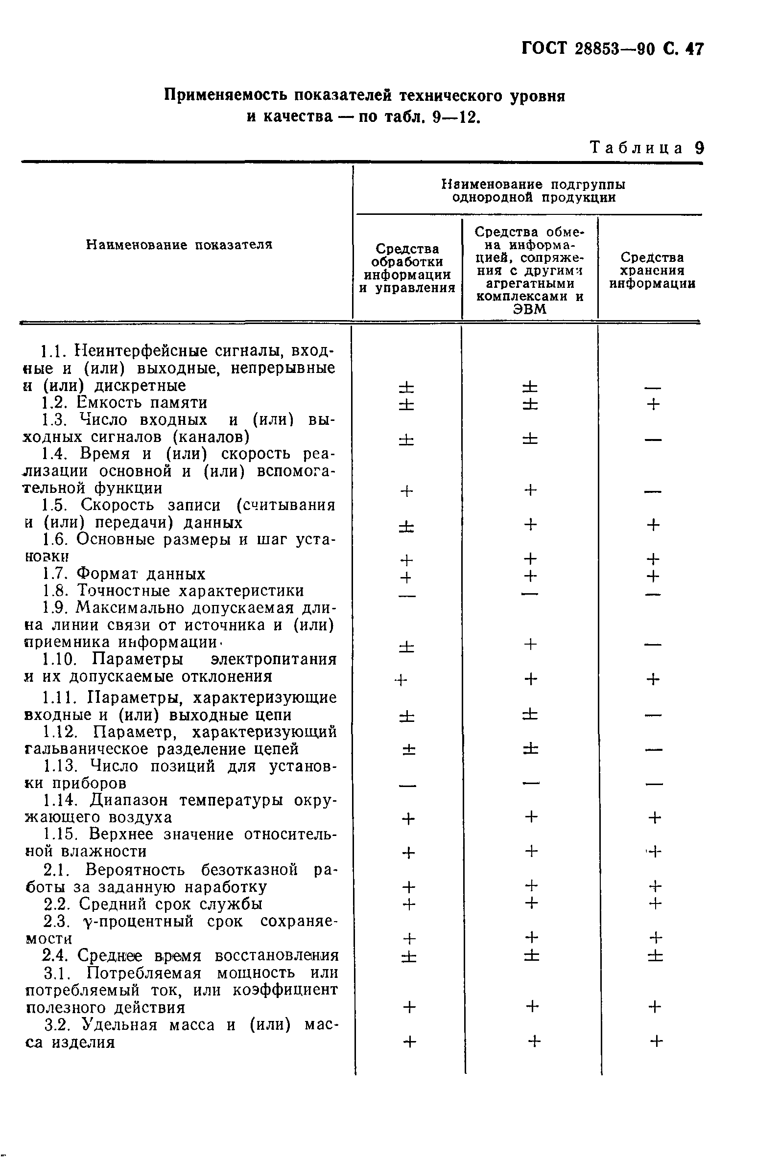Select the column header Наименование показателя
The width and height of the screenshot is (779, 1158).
179,245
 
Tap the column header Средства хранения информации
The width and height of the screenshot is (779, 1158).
652,271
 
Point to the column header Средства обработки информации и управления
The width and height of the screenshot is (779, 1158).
407,268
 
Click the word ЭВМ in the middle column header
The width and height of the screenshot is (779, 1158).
530,309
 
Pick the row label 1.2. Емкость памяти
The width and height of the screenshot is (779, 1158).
125,403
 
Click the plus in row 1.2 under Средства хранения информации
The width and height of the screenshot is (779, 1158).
653,405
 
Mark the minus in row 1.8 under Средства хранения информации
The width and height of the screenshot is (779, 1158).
653,594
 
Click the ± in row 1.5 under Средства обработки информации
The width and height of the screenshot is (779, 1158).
406,525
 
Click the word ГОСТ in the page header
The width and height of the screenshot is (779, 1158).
544,49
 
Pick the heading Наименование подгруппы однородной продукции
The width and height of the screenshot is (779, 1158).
534,191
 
